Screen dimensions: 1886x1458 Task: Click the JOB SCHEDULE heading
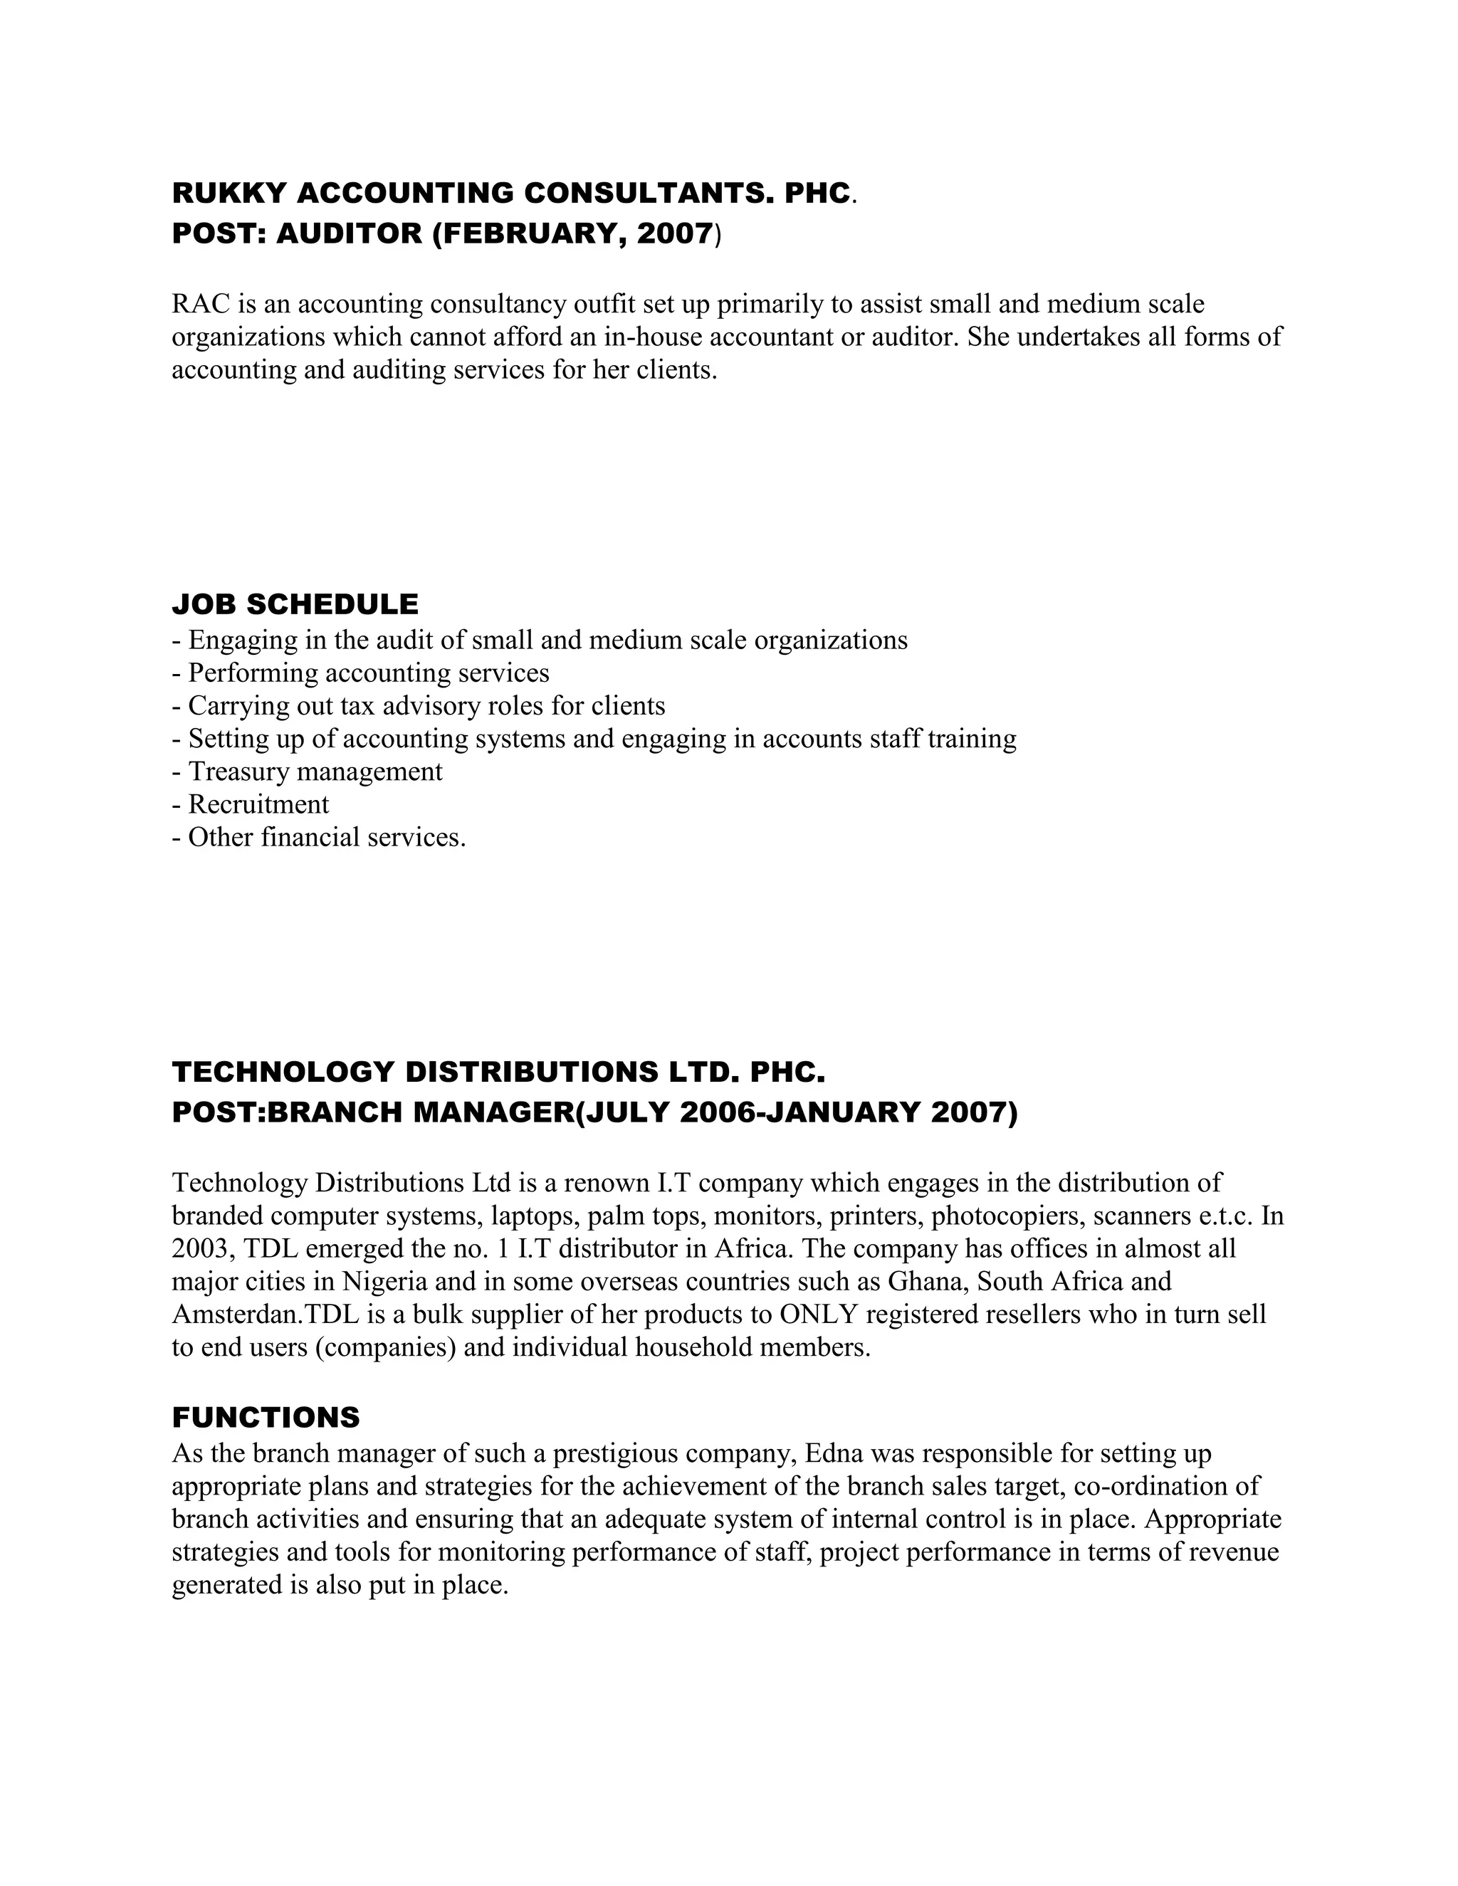click(295, 604)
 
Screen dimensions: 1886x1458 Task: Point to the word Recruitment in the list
click(258, 805)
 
